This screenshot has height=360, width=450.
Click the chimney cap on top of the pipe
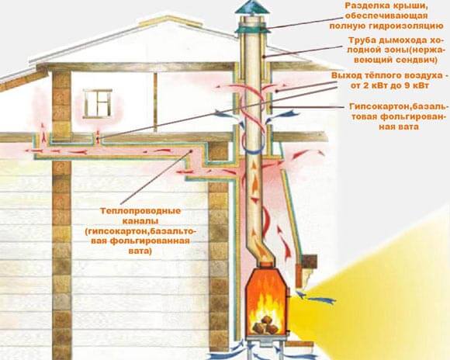pyautogui.click(x=252, y=7)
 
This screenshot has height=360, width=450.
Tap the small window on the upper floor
pyautogui.click(x=97, y=104)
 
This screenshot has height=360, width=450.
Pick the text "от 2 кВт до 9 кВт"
pyautogui.click(x=389, y=85)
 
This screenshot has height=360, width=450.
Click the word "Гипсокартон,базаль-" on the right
pyautogui.click(x=398, y=106)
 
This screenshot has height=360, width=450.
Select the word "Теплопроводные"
pyautogui.click(x=140, y=211)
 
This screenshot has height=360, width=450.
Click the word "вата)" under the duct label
pyautogui.click(x=140, y=251)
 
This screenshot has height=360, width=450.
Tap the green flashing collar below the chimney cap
pyautogui.click(x=252, y=29)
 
